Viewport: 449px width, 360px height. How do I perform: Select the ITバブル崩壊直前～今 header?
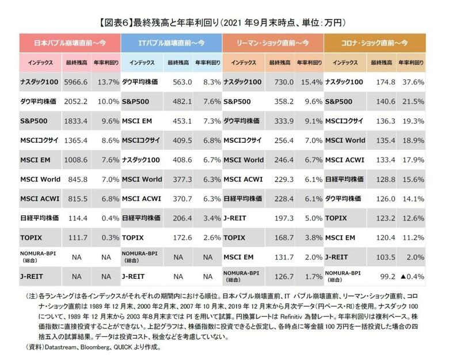coord(172,42)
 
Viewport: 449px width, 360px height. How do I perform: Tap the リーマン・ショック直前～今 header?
coord(273,42)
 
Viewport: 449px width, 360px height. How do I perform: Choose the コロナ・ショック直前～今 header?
coord(375,42)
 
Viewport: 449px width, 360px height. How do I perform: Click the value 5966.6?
coord(76,82)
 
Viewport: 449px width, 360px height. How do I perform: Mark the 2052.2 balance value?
coord(76,101)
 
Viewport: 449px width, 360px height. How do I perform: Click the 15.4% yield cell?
coord(311,82)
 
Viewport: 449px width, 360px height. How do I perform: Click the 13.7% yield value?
coord(108,82)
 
